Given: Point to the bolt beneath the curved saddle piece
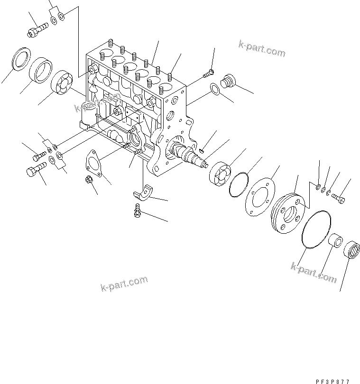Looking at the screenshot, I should point(137,211).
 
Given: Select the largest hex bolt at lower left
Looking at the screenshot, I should point(35,168).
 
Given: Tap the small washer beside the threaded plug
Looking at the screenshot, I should point(214,89).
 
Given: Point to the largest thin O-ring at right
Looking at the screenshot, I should point(314,229).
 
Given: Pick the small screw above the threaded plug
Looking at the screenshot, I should point(208,73).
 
